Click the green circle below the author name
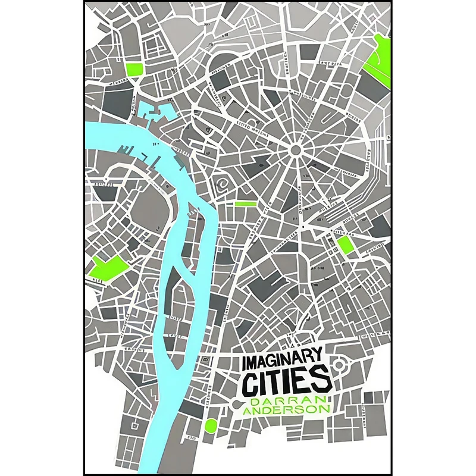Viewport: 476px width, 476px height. (x=210, y=425)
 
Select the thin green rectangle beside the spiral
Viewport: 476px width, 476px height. (x=245, y=203)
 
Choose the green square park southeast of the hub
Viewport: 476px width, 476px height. (x=345, y=245)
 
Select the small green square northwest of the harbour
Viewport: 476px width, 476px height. (x=135, y=69)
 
